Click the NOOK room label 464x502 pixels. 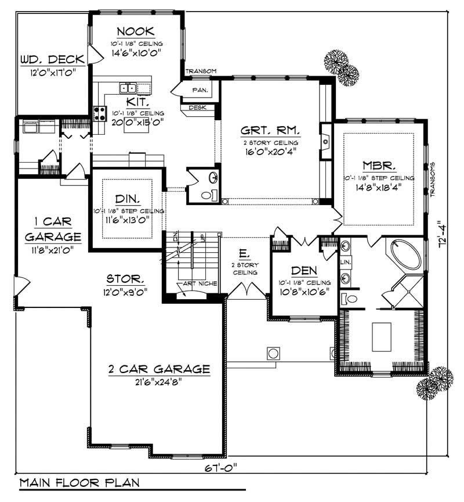click(x=136, y=31)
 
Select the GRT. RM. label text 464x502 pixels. click(x=271, y=130)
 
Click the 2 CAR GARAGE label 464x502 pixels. click(x=158, y=369)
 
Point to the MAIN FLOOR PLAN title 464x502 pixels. click(x=79, y=483)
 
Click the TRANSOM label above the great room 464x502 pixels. click(x=201, y=71)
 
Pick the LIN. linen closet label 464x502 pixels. click(x=343, y=263)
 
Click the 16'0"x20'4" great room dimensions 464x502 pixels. click(x=271, y=153)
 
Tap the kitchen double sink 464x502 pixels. click(x=128, y=88)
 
